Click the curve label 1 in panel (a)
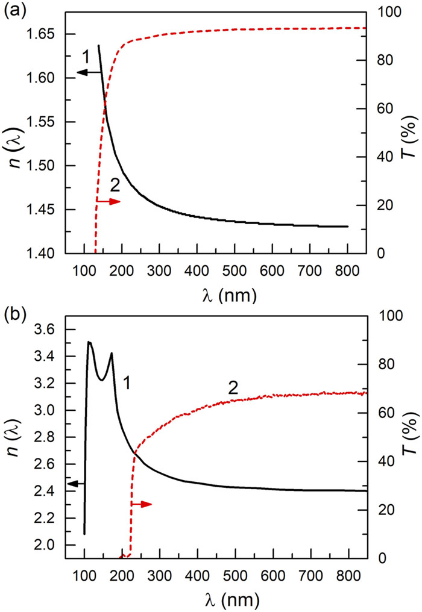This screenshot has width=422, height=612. (x=86, y=58)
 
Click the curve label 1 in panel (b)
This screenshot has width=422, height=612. (x=127, y=381)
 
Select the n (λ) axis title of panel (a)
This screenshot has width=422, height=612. (x=13, y=131)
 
